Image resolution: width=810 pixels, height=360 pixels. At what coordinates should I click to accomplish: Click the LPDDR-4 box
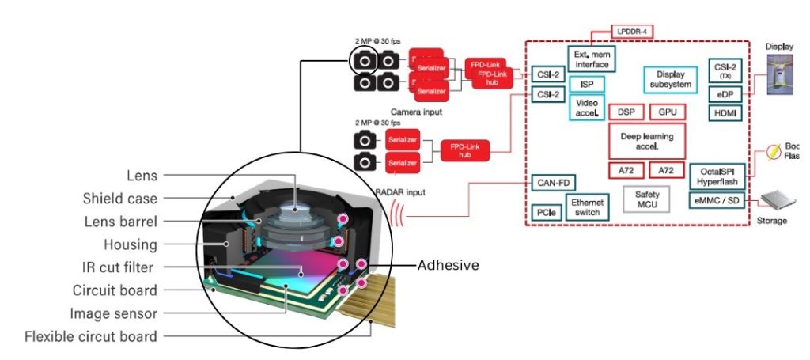point(632,32)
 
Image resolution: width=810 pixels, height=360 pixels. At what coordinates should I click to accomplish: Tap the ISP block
point(586,85)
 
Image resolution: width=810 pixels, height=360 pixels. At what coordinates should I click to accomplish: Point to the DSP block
point(626,112)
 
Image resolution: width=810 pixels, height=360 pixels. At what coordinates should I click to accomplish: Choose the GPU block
point(667,112)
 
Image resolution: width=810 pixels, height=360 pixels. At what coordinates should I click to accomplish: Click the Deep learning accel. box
point(646,141)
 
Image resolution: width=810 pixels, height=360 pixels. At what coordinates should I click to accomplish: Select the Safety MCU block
point(646,199)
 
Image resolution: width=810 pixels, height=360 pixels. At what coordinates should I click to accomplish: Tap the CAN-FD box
point(554,183)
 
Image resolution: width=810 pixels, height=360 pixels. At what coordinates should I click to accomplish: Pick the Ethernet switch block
point(587,207)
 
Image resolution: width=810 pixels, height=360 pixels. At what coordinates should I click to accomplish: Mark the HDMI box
point(725,113)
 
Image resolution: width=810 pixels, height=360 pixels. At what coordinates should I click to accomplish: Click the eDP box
point(725,93)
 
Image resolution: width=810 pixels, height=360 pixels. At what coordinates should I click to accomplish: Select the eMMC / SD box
point(717,200)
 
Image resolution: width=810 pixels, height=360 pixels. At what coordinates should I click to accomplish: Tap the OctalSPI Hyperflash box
point(717,176)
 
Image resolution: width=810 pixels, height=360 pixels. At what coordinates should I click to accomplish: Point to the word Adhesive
point(448,265)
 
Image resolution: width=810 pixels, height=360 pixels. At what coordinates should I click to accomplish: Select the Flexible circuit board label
point(90,336)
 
